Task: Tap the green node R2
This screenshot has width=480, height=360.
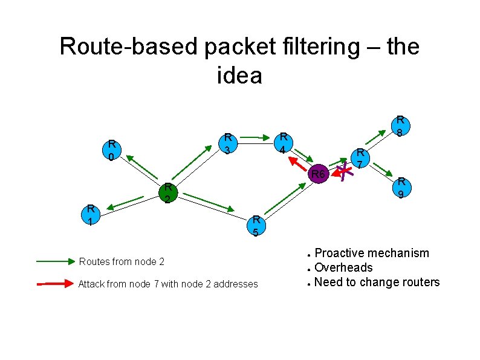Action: (x=168, y=193)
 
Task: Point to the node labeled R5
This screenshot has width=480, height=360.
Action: (x=256, y=226)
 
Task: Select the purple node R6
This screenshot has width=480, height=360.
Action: (x=318, y=175)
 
